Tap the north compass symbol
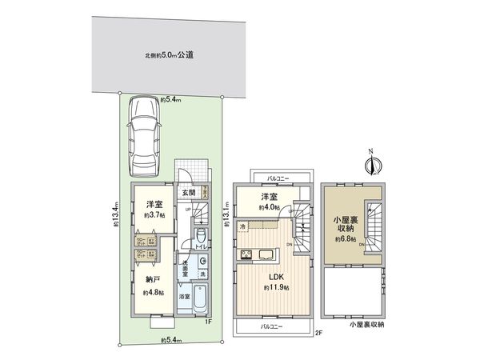click(370, 165)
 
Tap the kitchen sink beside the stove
click(266, 256)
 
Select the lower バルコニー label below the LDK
click(274, 326)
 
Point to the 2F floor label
click(317, 333)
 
